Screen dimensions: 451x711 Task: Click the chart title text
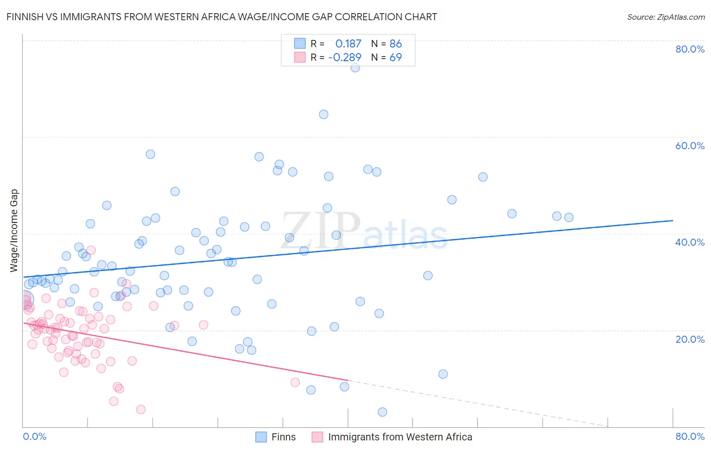[x=221, y=17]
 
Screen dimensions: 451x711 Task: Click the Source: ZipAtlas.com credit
[x=665, y=17]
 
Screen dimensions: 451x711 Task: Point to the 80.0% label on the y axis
[x=690, y=49]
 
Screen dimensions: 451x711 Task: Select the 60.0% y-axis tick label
[x=690, y=146]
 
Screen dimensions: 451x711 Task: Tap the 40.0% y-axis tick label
[x=690, y=242]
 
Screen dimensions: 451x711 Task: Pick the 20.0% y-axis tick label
[x=690, y=339]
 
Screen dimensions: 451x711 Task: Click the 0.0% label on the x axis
[x=34, y=436]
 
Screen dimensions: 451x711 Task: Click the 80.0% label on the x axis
[x=690, y=436]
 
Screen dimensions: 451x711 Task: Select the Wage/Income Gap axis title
[x=14, y=231]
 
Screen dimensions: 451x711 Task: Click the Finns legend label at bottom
[x=283, y=437]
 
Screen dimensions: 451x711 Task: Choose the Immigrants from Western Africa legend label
[x=399, y=437]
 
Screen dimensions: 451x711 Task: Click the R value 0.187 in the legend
[x=348, y=44]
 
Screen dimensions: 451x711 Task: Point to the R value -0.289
[x=344, y=58]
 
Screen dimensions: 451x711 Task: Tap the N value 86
[x=395, y=44]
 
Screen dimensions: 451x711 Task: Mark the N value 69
[x=395, y=58]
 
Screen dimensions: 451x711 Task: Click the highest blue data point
[x=355, y=67]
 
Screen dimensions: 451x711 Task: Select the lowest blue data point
[x=382, y=412]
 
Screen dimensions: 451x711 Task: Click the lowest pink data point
[x=141, y=410]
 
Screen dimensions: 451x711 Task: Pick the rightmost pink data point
[x=295, y=382]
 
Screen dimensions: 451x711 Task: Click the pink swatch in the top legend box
[x=300, y=58]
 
